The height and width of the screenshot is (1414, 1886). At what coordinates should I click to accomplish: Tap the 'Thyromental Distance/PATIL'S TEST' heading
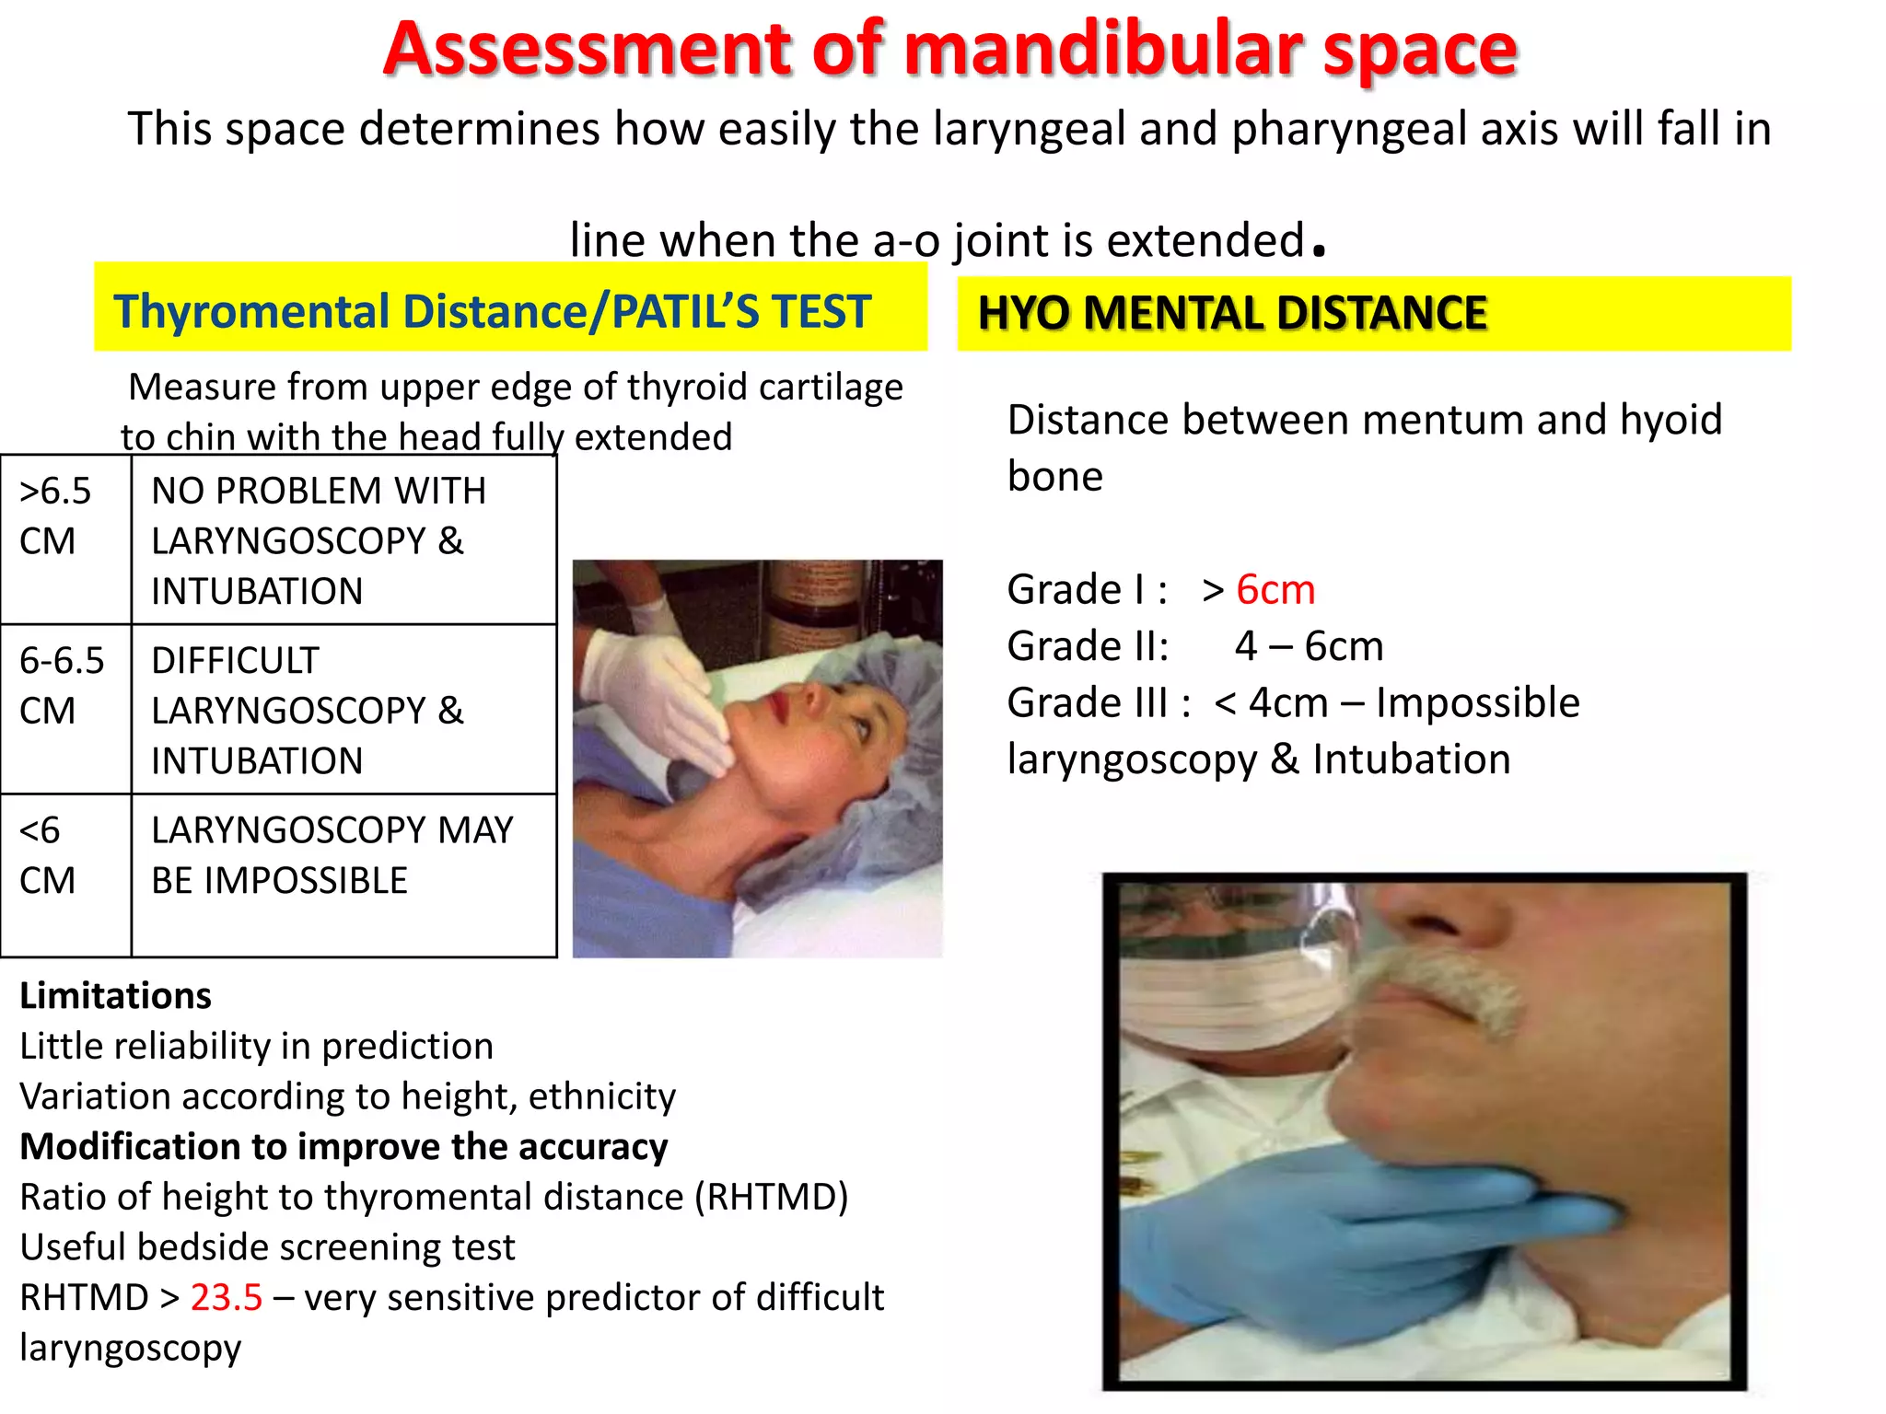pyautogui.click(x=492, y=311)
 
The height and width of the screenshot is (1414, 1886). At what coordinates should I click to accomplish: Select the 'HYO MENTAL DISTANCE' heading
pyautogui.click(x=1231, y=313)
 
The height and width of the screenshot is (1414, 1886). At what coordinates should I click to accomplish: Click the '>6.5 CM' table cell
pyautogui.click(x=55, y=516)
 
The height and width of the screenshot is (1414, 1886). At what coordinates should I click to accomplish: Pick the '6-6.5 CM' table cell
pyautogui.click(x=62, y=686)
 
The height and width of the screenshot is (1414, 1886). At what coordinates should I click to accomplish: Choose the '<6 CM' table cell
pyautogui.click(x=46, y=855)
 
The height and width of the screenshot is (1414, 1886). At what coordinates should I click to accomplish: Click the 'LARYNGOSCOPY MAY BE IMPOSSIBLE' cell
pyautogui.click(x=332, y=855)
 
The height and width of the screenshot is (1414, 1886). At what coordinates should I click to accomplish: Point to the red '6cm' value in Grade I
pyautogui.click(x=1275, y=590)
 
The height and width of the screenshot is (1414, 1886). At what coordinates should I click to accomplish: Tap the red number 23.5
pyautogui.click(x=227, y=1297)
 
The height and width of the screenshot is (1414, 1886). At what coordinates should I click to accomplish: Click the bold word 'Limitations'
pyautogui.click(x=116, y=996)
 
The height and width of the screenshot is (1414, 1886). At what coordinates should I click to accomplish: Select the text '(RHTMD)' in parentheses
pyautogui.click(x=771, y=1197)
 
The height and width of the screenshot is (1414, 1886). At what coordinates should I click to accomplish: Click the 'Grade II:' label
pyautogui.click(x=1088, y=646)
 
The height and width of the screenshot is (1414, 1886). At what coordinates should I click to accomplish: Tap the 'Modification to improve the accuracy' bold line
pyautogui.click(x=343, y=1147)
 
